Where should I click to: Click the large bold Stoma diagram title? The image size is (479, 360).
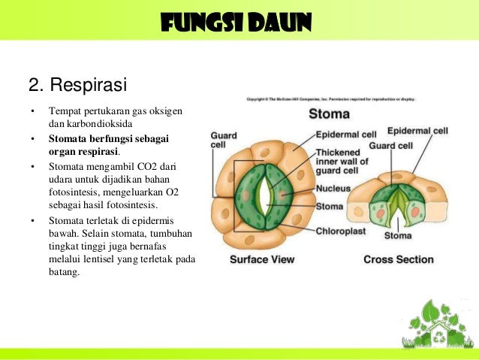click(329, 114)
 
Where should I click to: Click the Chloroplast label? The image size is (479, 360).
click(341, 231)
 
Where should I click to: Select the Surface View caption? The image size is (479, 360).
click(261, 260)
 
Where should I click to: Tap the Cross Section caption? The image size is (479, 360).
click(398, 259)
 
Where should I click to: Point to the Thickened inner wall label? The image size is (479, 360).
click(342, 161)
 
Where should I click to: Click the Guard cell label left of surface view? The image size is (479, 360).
click(223, 141)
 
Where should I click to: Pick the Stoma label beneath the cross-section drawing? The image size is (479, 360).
click(397, 236)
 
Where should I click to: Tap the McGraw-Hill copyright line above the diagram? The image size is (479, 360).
click(330, 99)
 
